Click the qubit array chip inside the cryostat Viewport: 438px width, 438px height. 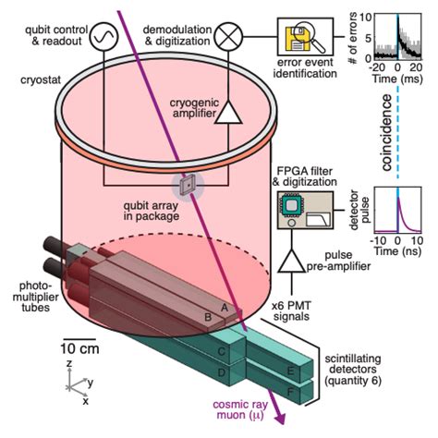click(x=189, y=183)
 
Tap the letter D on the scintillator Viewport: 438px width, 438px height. click(x=220, y=372)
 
